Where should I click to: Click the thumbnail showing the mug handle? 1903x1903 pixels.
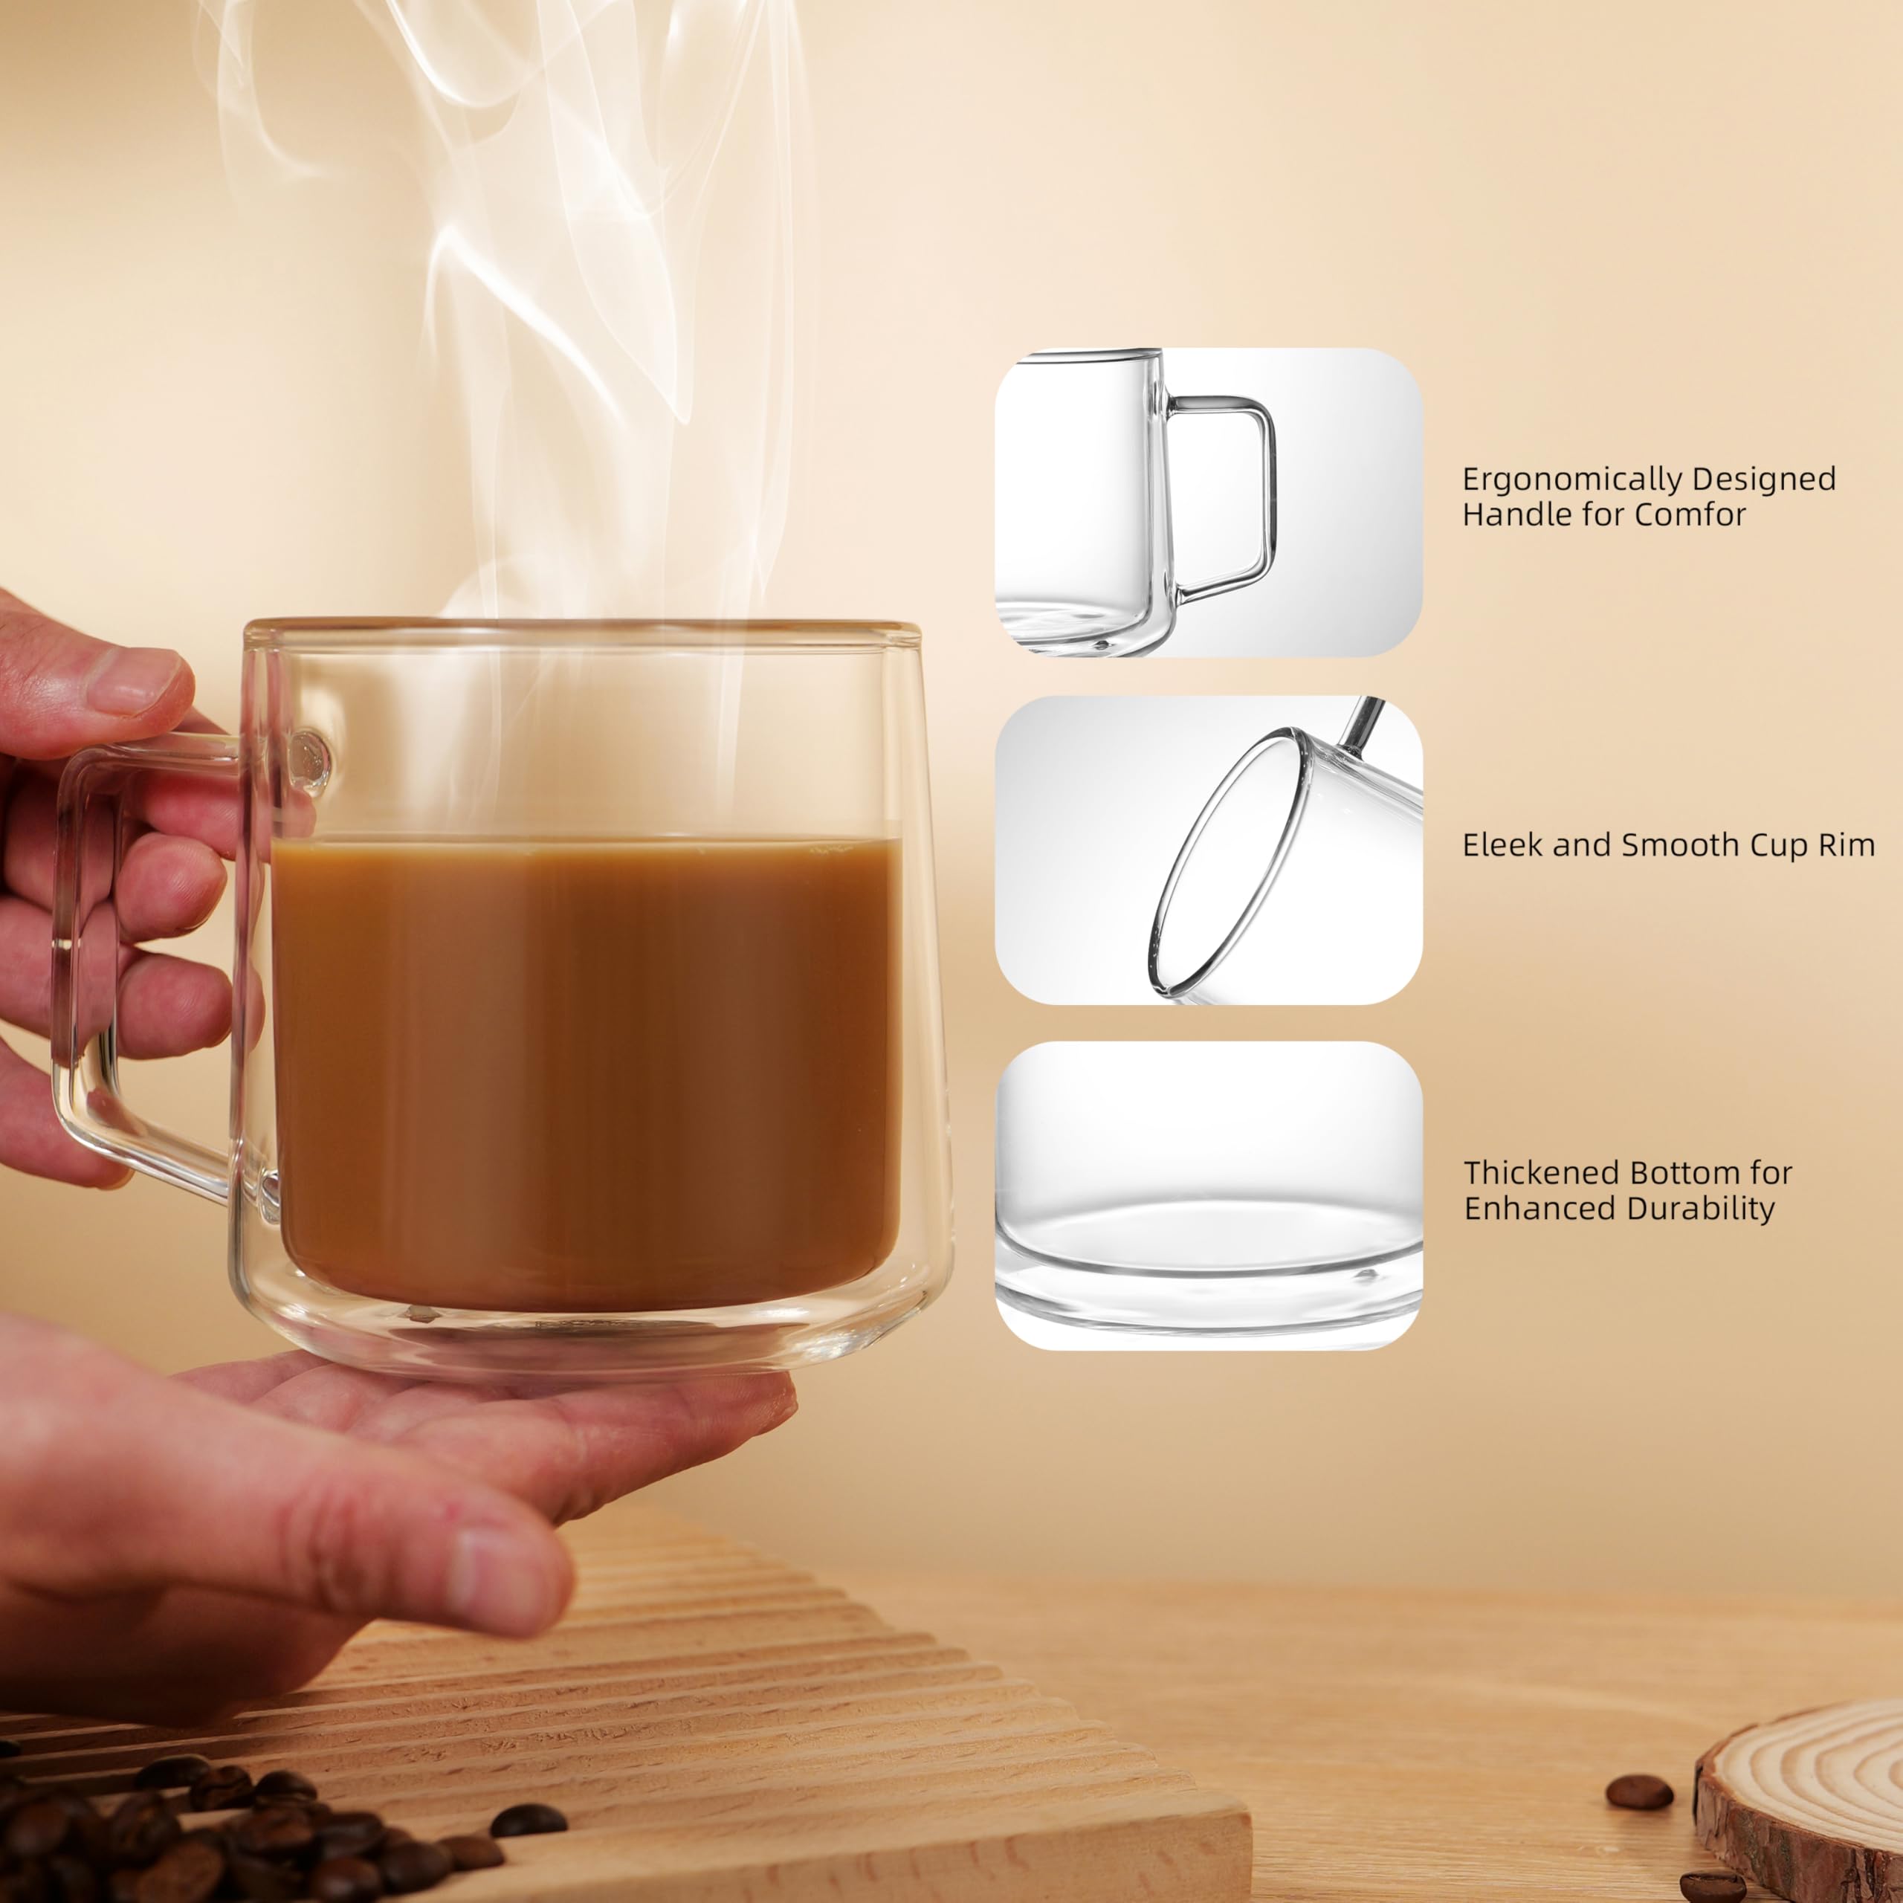pos(1208,503)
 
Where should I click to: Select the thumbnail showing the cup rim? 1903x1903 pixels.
pos(1208,851)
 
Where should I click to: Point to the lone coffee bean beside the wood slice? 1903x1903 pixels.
pos(1639,1765)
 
